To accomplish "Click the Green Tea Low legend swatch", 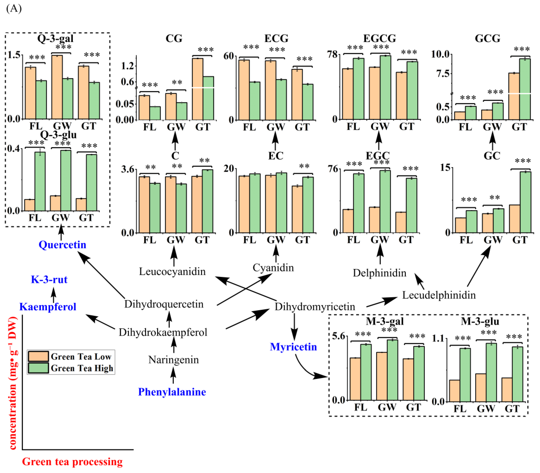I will (x=38, y=356).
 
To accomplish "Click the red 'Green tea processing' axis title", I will (x=72, y=462).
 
